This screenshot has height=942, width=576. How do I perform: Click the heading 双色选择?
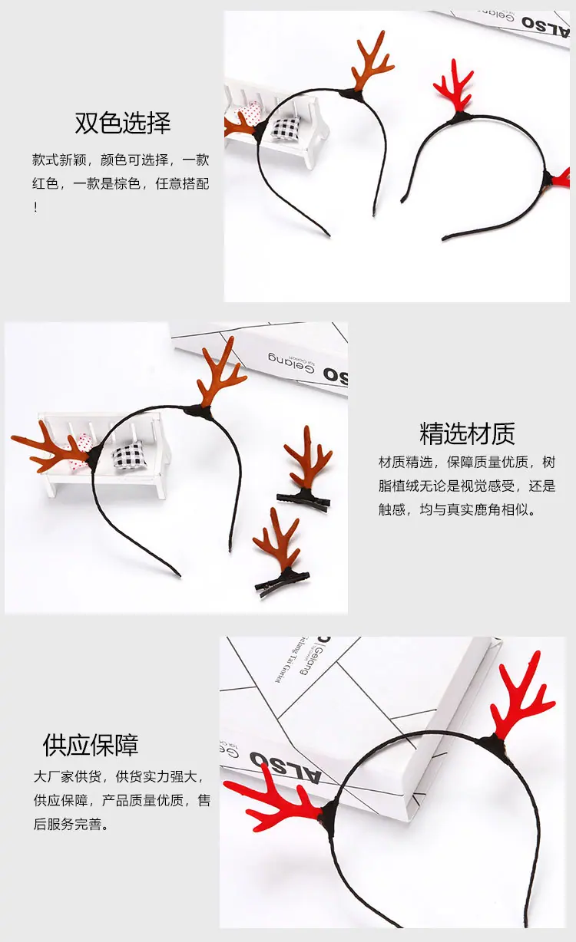[x=123, y=123]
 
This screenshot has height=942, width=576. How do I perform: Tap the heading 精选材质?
[x=467, y=433]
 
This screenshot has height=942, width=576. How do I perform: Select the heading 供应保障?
[x=91, y=745]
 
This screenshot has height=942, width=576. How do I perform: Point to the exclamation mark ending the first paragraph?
[x=36, y=207]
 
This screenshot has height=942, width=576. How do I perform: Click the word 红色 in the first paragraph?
[x=45, y=184]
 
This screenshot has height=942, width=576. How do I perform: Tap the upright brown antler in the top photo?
[x=372, y=63]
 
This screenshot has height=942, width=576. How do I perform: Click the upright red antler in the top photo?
[x=455, y=86]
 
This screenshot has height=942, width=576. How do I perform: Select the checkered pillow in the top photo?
[x=285, y=127]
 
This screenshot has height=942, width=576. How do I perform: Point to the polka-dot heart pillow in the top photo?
[x=250, y=114]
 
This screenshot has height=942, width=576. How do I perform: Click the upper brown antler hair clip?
[x=306, y=468]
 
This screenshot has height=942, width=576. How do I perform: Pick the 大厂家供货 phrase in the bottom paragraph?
[x=68, y=777]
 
